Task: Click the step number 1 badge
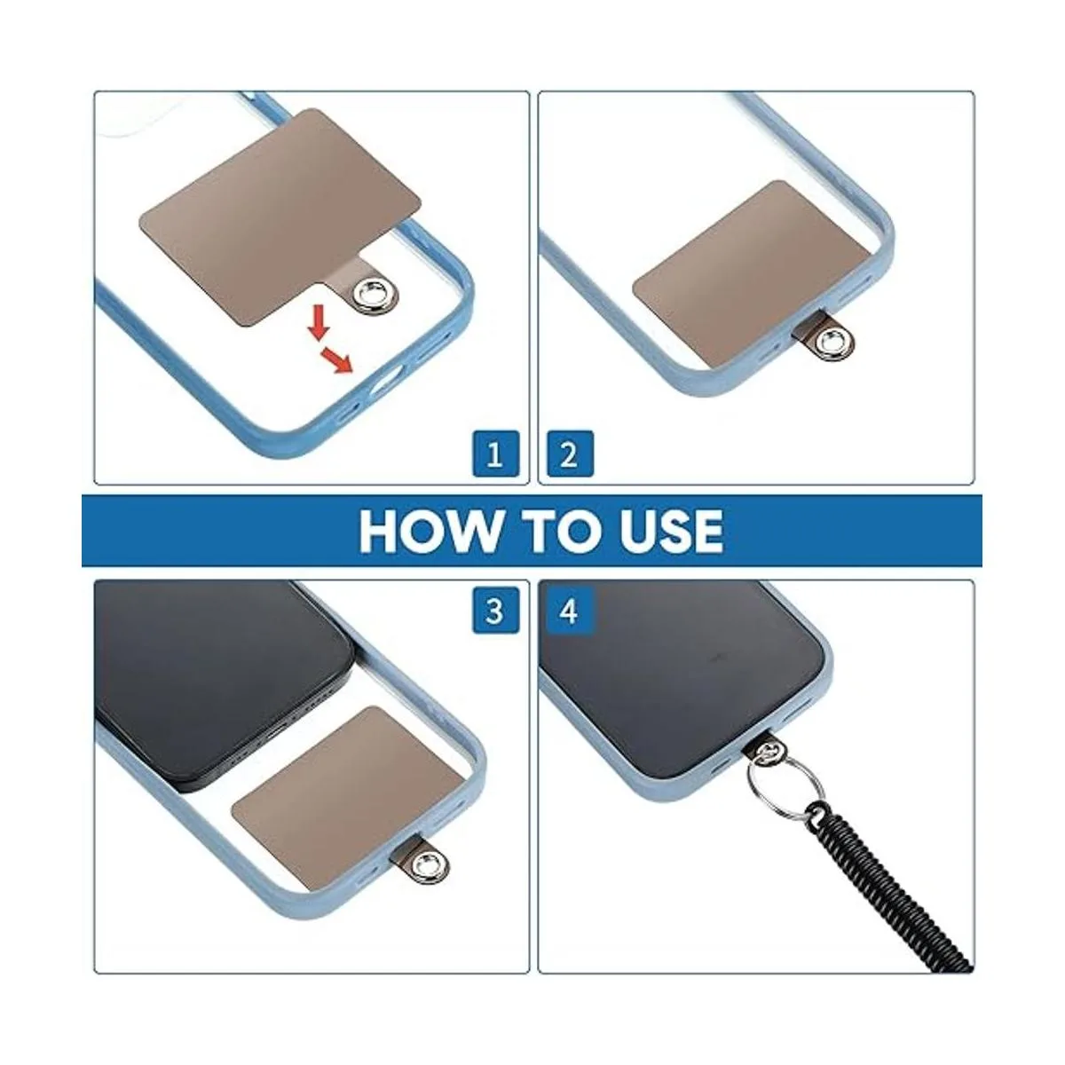click(495, 454)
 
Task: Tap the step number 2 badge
click(570, 454)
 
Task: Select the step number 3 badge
click(495, 610)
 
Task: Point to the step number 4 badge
click(570, 610)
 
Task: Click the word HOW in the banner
click(429, 530)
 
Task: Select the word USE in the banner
click(669, 530)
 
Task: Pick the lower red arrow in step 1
click(337, 359)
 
